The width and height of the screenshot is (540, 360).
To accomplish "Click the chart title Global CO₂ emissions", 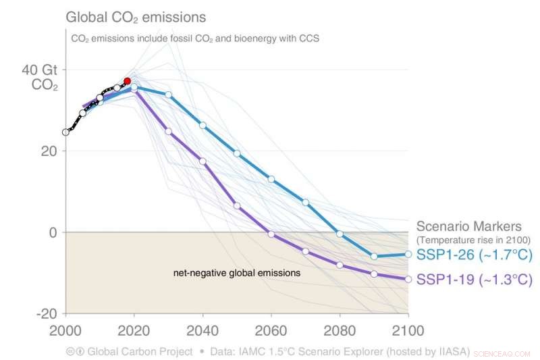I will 135,16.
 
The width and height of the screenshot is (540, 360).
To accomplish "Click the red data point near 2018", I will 127,81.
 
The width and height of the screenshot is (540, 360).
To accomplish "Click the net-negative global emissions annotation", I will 237,274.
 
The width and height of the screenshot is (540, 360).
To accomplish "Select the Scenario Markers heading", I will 468,226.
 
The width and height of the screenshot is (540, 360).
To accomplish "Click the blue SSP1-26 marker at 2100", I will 408,254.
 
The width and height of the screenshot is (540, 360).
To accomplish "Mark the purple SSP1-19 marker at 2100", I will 408,279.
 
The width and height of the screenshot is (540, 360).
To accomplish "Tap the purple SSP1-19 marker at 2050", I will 237,205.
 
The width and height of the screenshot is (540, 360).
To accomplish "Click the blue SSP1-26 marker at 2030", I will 168,95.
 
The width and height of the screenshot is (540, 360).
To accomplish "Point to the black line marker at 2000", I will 65,132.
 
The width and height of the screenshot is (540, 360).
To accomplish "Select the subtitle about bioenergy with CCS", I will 194,38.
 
